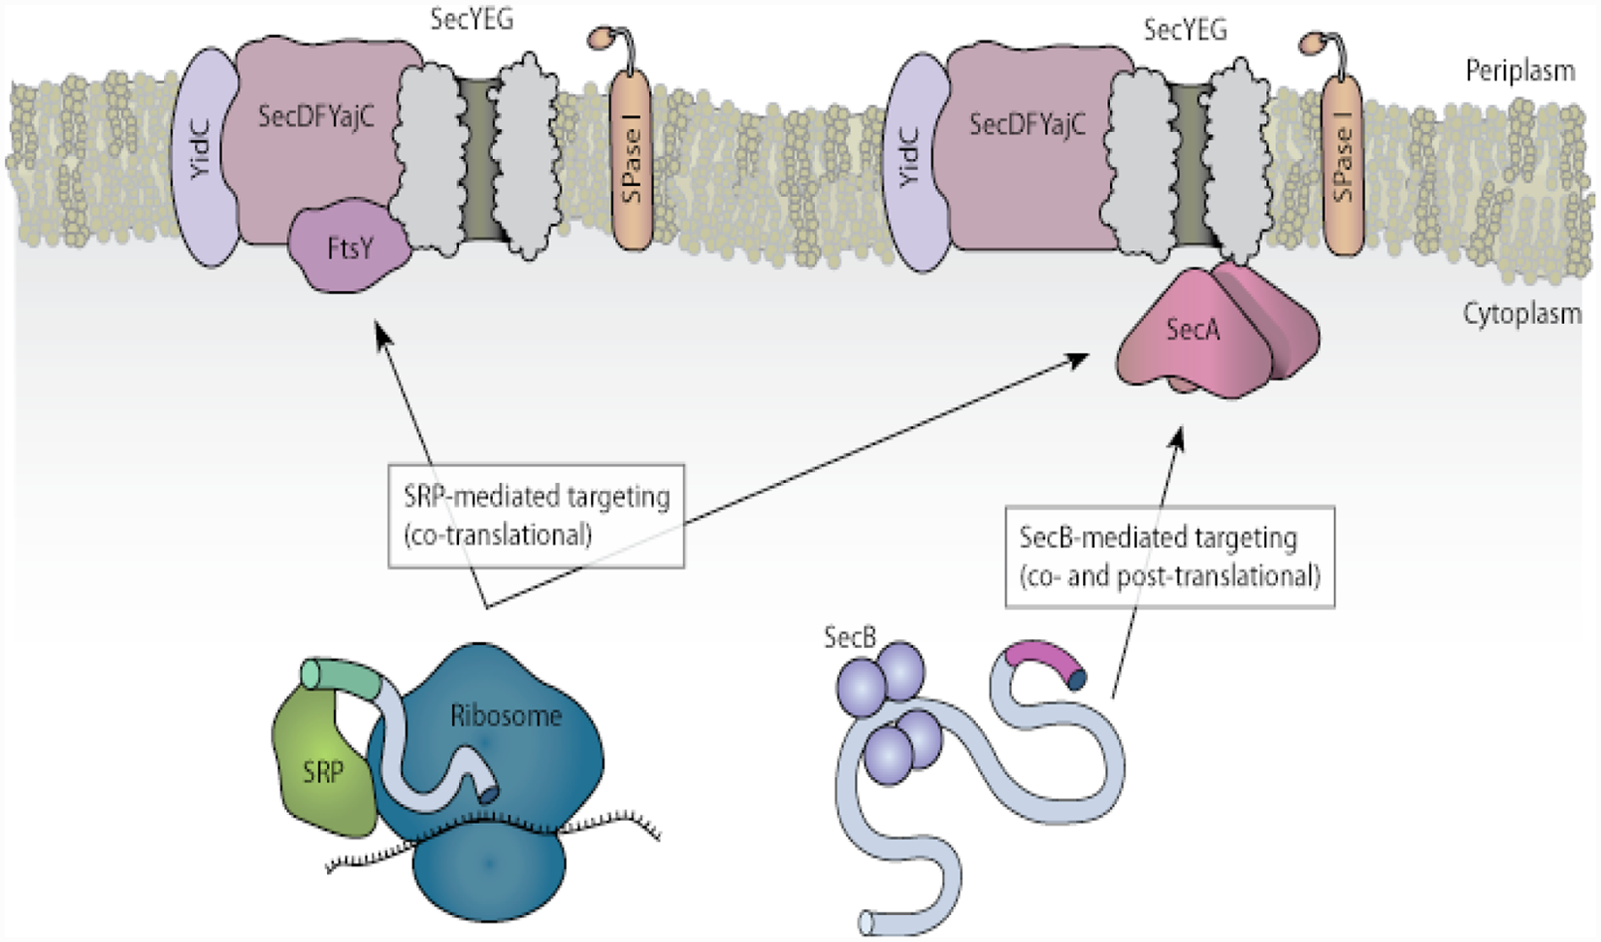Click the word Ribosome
click(506, 715)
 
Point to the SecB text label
click(849, 636)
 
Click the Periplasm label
click(1520, 70)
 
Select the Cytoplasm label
click(1521, 313)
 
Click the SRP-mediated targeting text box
click(536, 516)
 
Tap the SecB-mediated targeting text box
click(1170, 557)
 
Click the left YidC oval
click(206, 157)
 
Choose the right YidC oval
click(916, 163)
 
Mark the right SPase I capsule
click(1343, 164)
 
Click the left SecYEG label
click(472, 19)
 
